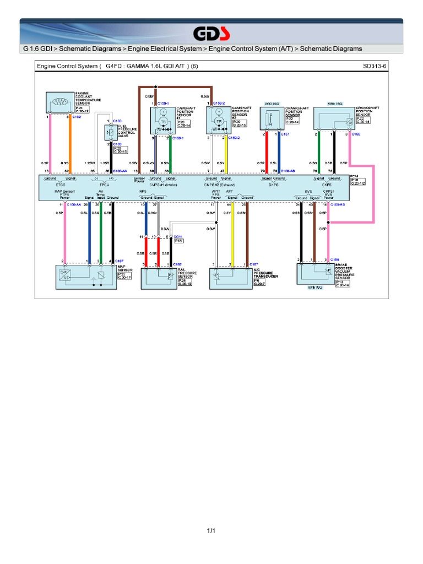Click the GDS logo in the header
coord(211,33)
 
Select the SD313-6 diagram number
coord(375,65)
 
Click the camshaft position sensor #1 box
coord(162,120)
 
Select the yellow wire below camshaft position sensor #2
coord(226,155)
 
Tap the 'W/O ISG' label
coord(272,103)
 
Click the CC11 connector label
coord(178,236)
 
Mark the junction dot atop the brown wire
coord(156,87)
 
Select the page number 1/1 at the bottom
coord(211,531)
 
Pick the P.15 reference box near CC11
coord(179,241)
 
